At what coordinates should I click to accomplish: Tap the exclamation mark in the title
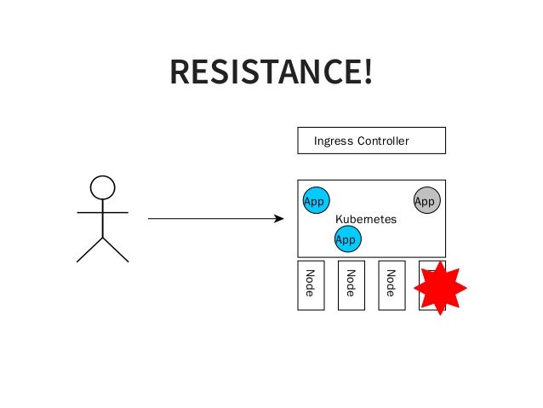[367, 72]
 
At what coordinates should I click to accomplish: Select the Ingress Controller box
[371, 141]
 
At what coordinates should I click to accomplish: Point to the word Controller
[383, 141]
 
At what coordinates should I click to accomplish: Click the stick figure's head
[102, 187]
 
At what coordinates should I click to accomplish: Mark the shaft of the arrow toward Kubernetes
[213, 219]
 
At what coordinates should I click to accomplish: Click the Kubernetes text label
[366, 219]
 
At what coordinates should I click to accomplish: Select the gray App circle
[426, 200]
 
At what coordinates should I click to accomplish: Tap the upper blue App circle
[316, 200]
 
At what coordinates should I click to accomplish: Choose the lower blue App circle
[347, 239]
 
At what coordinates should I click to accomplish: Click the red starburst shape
[440, 288]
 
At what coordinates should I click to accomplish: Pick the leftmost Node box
[311, 285]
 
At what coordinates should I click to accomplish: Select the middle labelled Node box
[352, 285]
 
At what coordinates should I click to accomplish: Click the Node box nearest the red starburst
[392, 285]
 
